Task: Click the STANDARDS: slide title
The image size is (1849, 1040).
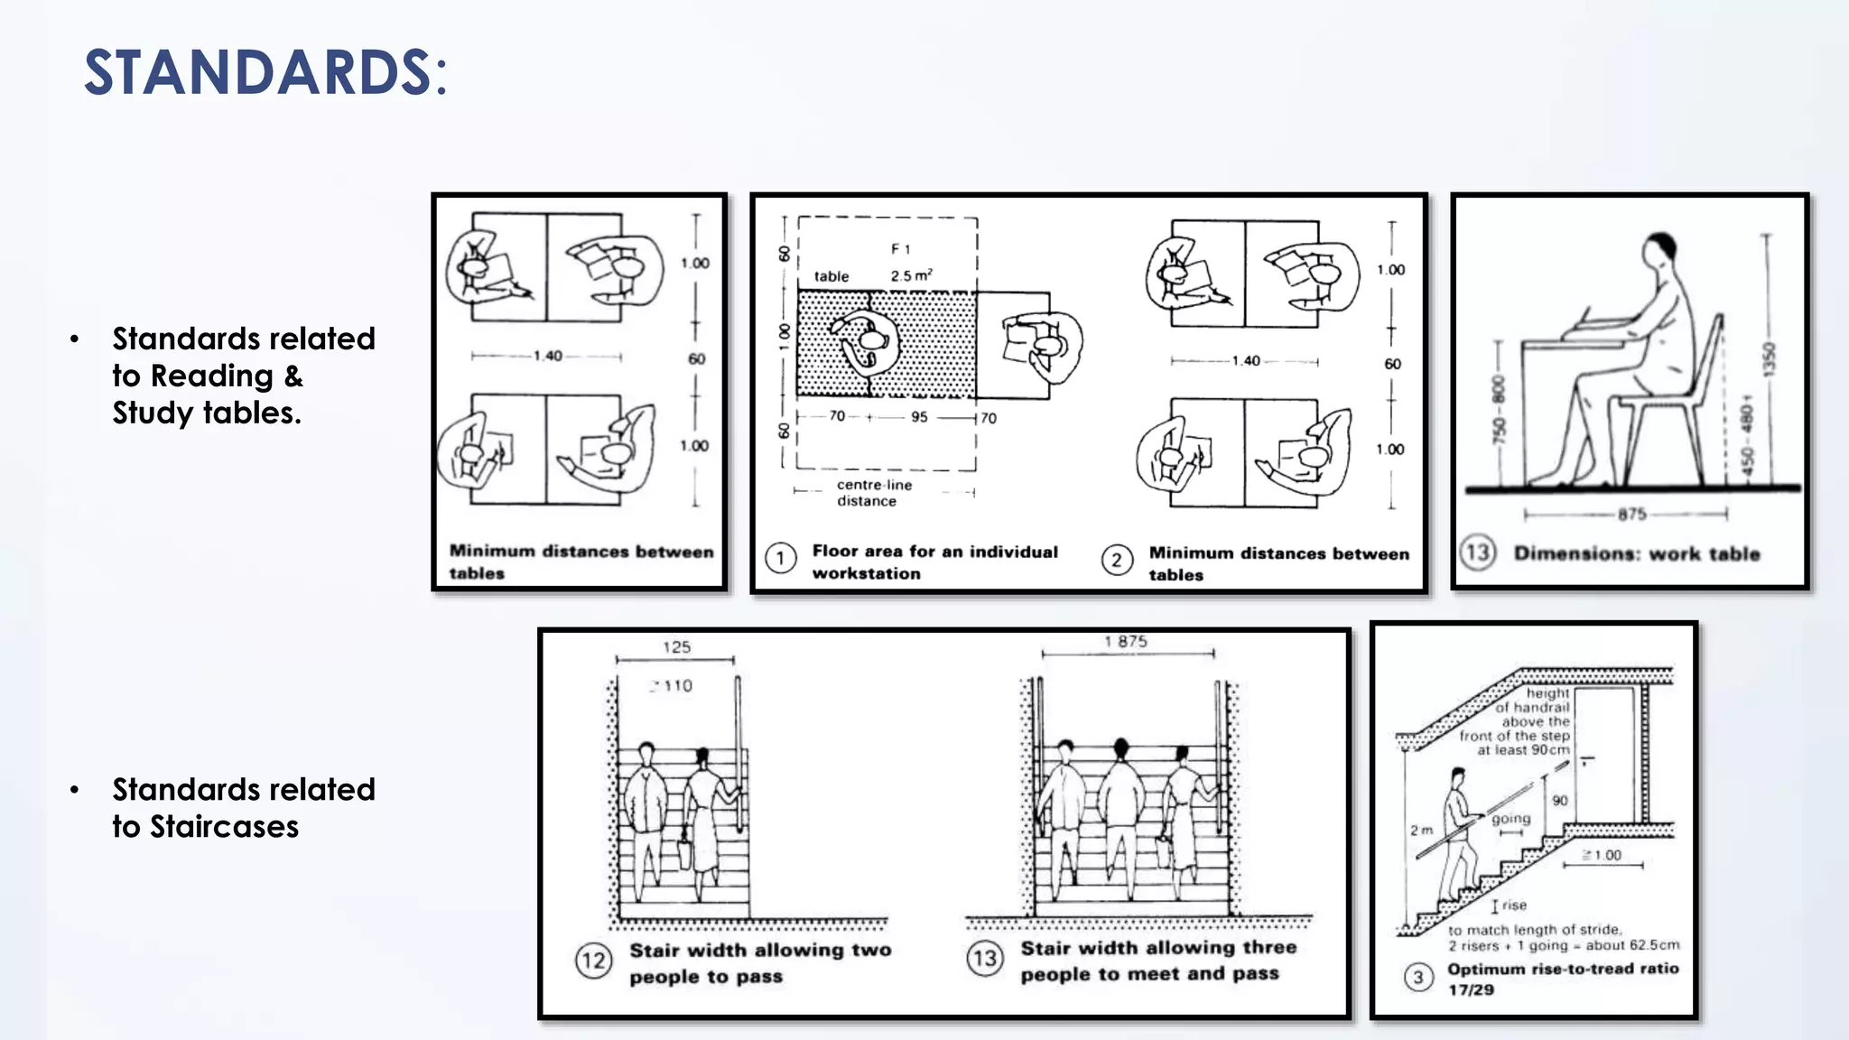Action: [x=265, y=72]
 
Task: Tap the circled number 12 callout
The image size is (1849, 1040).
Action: [x=593, y=960]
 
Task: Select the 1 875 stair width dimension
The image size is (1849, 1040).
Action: [x=1125, y=641]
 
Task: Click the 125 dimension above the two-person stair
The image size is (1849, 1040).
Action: [x=676, y=646]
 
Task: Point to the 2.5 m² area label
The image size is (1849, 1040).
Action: [x=910, y=275]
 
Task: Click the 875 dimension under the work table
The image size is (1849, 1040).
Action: [x=1631, y=515]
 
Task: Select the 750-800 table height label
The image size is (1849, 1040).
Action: [x=1499, y=410]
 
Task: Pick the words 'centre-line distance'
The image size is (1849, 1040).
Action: [x=873, y=493]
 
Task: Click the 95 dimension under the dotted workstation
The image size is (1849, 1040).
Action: [x=919, y=417]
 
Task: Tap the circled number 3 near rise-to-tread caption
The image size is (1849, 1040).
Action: [x=1418, y=978]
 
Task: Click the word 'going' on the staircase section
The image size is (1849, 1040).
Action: [x=1510, y=819]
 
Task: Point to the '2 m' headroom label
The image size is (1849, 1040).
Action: [x=1421, y=830]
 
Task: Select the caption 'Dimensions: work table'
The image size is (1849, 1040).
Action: [x=1636, y=553]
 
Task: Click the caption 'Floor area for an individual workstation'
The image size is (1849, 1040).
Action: [x=934, y=562]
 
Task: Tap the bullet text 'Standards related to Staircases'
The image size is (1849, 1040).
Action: [x=243, y=807]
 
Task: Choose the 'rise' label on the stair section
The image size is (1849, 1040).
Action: [x=1514, y=905]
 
